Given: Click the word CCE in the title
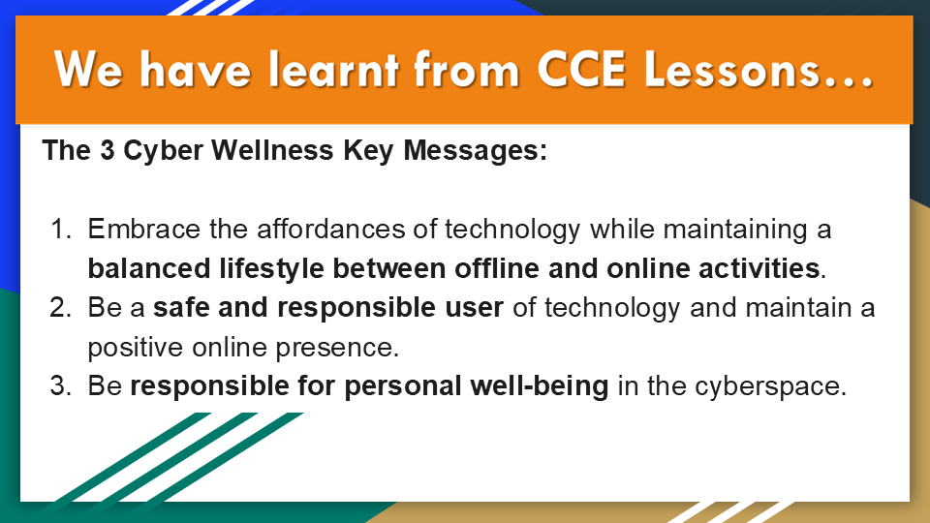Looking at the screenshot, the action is click(581, 70).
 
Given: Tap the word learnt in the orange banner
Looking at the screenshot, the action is click(333, 69).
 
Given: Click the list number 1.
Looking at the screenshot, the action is click(60, 229).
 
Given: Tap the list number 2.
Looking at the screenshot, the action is click(60, 308).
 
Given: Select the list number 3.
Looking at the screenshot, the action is click(60, 386).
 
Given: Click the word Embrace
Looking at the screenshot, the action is click(144, 229).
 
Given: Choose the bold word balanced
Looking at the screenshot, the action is click(149, 268).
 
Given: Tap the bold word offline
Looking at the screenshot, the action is click(497, 268).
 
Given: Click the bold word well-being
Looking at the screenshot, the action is click(540, 387).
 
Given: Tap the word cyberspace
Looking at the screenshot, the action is click(767, 387).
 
